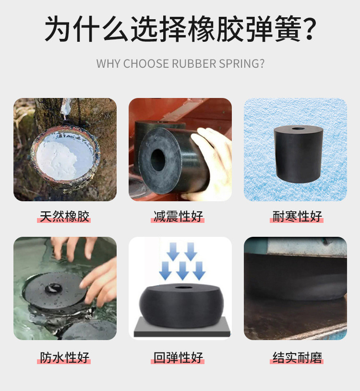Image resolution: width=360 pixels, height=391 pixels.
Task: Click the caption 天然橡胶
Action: pyautogui.click(x=65, y=216)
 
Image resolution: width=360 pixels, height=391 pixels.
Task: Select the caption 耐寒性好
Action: pyautogui.click(x=297, y=216)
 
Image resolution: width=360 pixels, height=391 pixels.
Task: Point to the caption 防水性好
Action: pyautogui.click(x=65, y=358)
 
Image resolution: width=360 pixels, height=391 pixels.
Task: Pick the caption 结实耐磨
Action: pyautogui.click(x=297, y=358)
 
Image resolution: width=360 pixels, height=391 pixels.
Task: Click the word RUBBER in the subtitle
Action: pyautogui.click(x=194, y=64)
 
